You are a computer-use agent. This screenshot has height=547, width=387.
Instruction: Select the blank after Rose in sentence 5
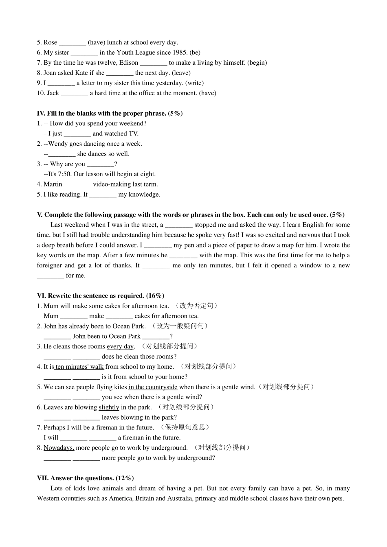click(73, 43)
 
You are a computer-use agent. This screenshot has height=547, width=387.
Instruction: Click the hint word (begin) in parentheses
click(257, 63)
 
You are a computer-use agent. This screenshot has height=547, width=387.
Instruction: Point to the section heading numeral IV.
click(41, 114)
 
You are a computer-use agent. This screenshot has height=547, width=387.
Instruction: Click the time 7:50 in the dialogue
click(64, 174)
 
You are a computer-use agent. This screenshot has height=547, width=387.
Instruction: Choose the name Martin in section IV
click(53, 184)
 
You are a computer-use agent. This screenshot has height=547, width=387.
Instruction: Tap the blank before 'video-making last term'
click(77, 185)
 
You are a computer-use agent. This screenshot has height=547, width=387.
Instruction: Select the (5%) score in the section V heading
click(337, 215)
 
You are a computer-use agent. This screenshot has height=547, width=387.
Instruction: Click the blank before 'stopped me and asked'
click(179, 225)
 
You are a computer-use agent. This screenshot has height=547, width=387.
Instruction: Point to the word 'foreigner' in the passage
click(49, 265)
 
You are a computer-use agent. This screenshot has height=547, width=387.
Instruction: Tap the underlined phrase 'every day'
click(120, 346)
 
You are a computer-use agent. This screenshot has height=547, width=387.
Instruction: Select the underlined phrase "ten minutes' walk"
click(79, 367)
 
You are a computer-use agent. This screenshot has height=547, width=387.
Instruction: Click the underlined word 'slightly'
click(109, 407)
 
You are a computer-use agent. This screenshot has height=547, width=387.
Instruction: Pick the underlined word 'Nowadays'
click(59, 448)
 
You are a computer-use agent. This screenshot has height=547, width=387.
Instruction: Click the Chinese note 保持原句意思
click(185, 427)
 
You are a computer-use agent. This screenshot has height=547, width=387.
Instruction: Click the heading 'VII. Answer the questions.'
click(76, 478)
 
